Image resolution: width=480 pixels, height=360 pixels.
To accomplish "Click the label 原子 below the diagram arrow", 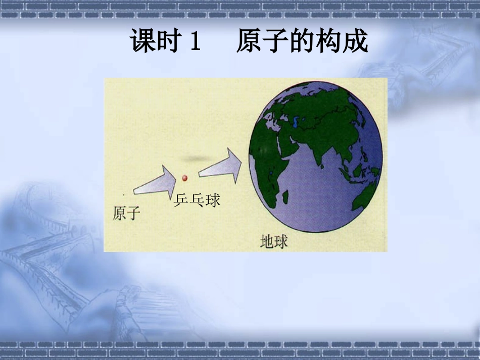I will (x=126, y=214).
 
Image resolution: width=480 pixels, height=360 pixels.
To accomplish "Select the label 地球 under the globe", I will (x=274, y=241).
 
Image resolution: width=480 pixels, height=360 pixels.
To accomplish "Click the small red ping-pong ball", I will (x=184, y=178).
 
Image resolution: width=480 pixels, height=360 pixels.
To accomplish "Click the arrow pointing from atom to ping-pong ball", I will (x=155, y=181).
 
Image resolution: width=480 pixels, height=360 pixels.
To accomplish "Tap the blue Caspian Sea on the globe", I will (x=295, y=122).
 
